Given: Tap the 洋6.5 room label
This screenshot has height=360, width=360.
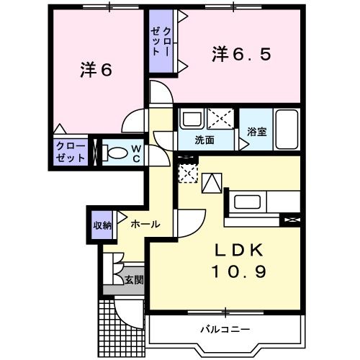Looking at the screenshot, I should [241, 54].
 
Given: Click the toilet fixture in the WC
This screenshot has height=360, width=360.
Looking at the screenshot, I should [112, 153].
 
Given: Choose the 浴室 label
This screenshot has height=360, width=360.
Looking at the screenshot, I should [257, 132].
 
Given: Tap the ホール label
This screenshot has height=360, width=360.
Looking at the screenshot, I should [145, 225].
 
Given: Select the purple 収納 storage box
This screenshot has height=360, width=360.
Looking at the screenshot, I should [102, 225].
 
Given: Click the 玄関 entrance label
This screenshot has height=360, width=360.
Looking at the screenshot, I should [132, 280].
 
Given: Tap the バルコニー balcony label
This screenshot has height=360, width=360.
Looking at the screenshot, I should [225, 329].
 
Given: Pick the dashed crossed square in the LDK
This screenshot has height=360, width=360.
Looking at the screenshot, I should [186, 174].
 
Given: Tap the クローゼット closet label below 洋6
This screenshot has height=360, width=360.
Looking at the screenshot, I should [71, 152].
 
